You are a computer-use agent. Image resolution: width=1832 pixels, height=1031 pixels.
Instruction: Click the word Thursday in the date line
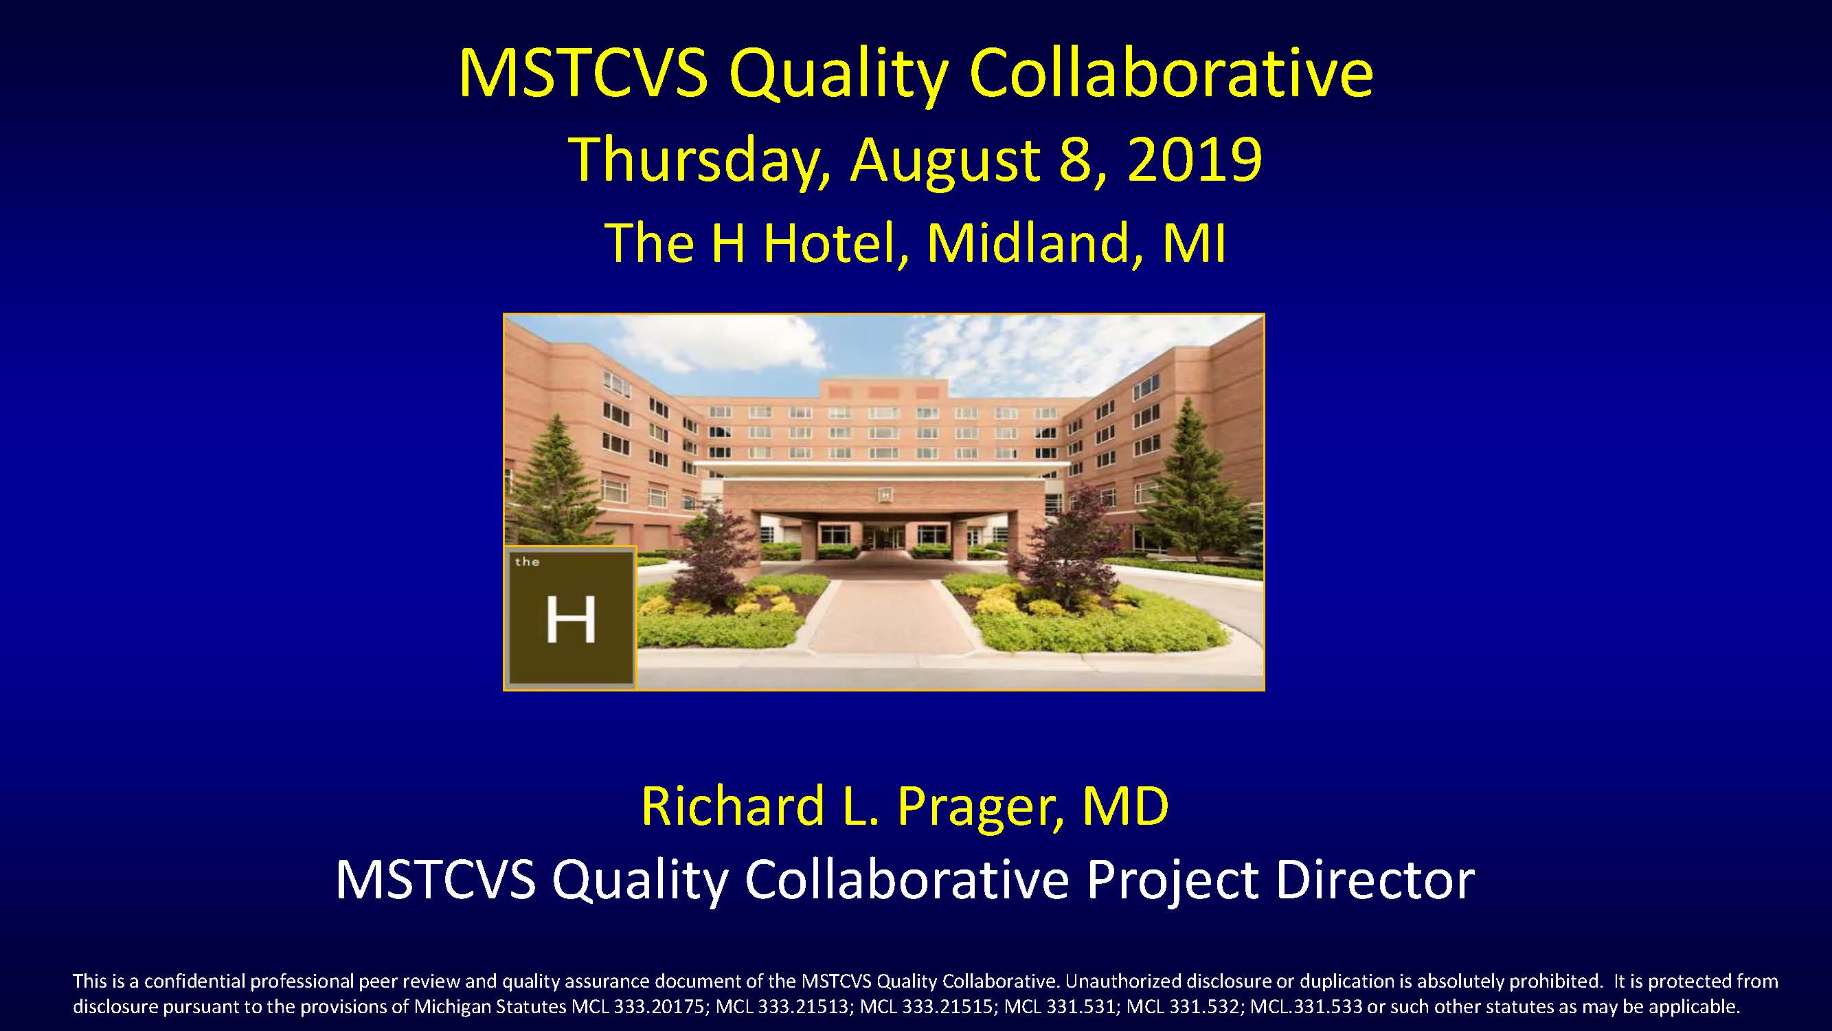[700, 161]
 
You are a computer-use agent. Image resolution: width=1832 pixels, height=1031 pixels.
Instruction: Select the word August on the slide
[945, 162]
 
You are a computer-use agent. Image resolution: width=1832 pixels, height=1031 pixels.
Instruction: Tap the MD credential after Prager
[1126, 806]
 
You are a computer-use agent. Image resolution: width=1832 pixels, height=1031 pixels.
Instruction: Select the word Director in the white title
[1374, 880]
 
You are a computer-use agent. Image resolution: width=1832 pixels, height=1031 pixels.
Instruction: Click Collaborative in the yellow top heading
[1171, 73]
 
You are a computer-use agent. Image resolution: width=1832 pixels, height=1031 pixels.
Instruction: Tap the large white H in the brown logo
[570, 620]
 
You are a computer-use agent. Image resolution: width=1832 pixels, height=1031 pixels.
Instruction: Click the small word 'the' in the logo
[527, 562]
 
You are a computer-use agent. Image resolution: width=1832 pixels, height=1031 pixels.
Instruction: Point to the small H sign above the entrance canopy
[885, 491]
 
